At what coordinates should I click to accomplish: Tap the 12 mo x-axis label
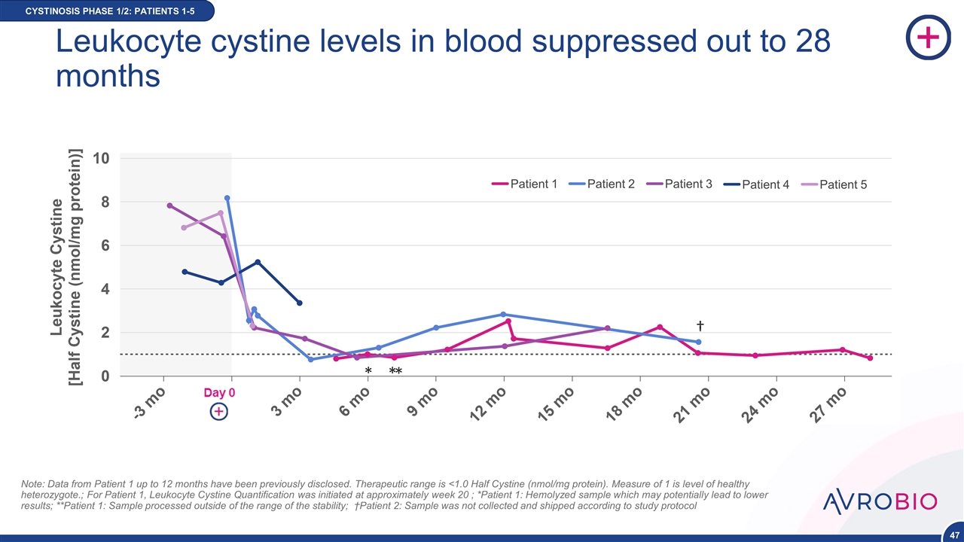(x=490, y=403)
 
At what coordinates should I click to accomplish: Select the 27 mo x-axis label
(x=830, y=403)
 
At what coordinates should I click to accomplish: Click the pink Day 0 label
(x=221, y=393)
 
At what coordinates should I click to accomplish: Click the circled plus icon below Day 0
(x=219, y=412)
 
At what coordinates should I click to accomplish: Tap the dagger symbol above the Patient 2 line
(x=700, y=325)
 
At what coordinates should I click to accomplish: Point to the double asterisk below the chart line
(x=395, y=372)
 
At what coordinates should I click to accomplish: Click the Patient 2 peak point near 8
(x=227, y=198)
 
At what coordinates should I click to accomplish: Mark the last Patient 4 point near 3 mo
(x=300, y=303)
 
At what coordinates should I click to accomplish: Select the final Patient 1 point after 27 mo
(x=870, y=358)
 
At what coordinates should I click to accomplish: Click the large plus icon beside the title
(x=927, y=39)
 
